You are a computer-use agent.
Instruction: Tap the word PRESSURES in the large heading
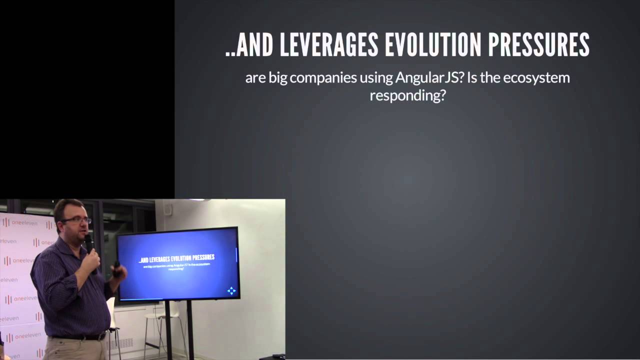pos(538,44)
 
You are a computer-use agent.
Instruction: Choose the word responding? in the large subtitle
pos(407,95)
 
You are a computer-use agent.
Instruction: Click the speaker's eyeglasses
pos(76,220)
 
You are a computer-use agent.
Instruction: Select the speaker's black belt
pos(80,337)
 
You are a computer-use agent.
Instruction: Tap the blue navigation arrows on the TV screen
pos(231,290)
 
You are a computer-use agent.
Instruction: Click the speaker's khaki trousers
pos(75,350)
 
